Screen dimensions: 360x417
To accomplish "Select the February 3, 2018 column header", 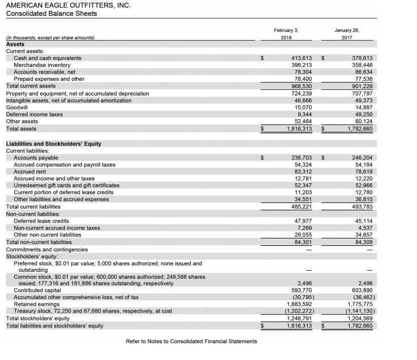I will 286,32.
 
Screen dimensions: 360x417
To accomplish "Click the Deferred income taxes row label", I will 34,114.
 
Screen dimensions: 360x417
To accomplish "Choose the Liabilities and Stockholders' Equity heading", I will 53,144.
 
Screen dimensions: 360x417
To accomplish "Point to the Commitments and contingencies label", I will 47,249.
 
